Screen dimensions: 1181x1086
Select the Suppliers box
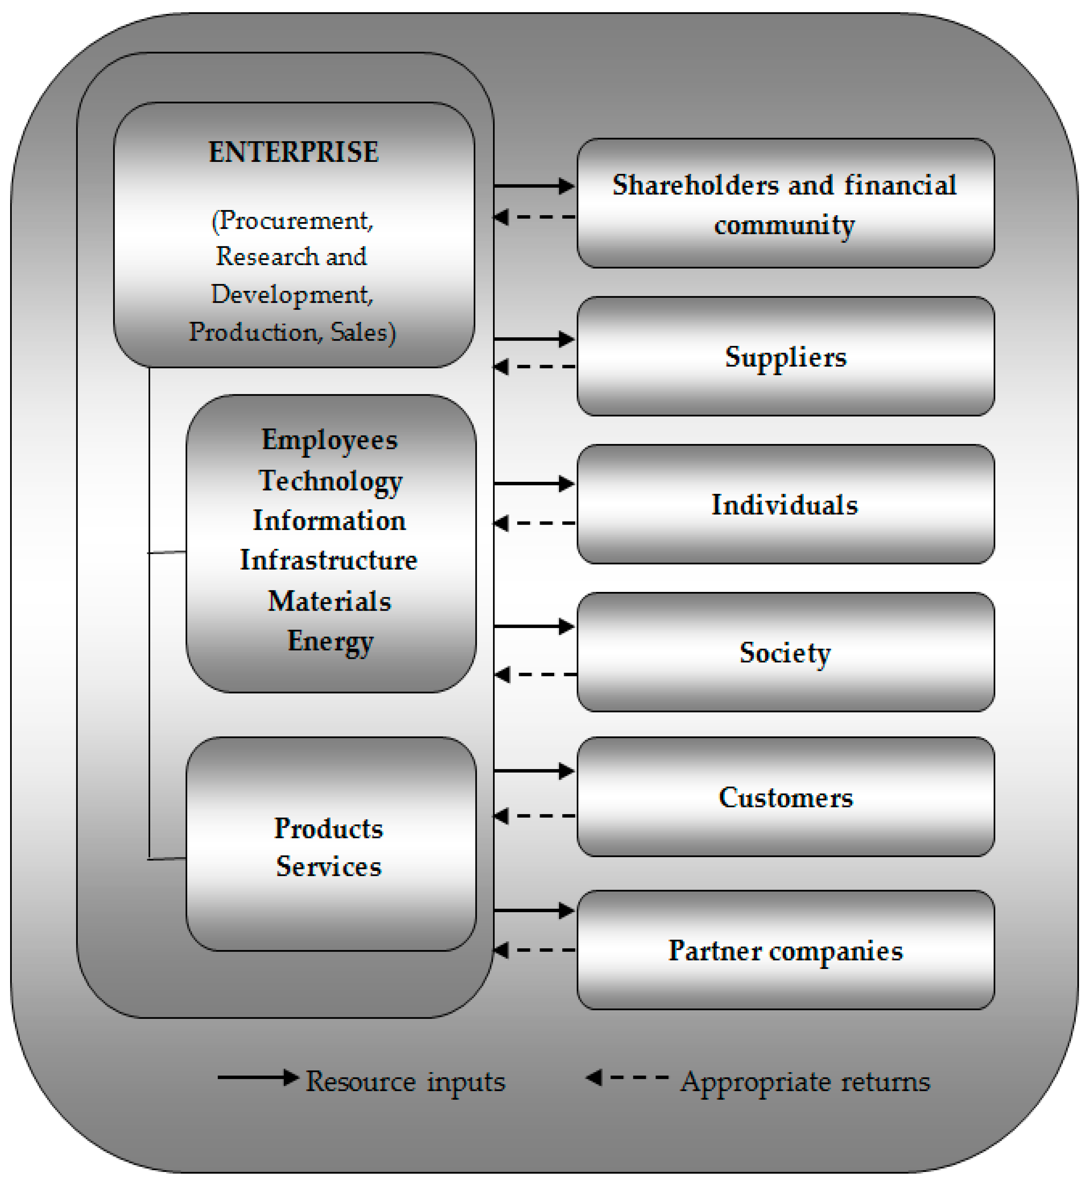pyautogui.click(x=785, y=357)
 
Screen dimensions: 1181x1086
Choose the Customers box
pyautogui.click(x=785, y=797)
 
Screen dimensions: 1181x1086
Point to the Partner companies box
pyautogui.click(x=785, y=951)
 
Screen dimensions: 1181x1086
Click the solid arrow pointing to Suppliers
pyautogui.click(x=534, y=339)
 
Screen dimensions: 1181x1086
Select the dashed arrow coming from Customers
pyautogui.click(x=534, y=816)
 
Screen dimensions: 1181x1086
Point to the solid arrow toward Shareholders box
pyautogui.click(x=534, y=186)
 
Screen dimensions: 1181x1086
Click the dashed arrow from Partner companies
pyautogui.click(x=534, y=950)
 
